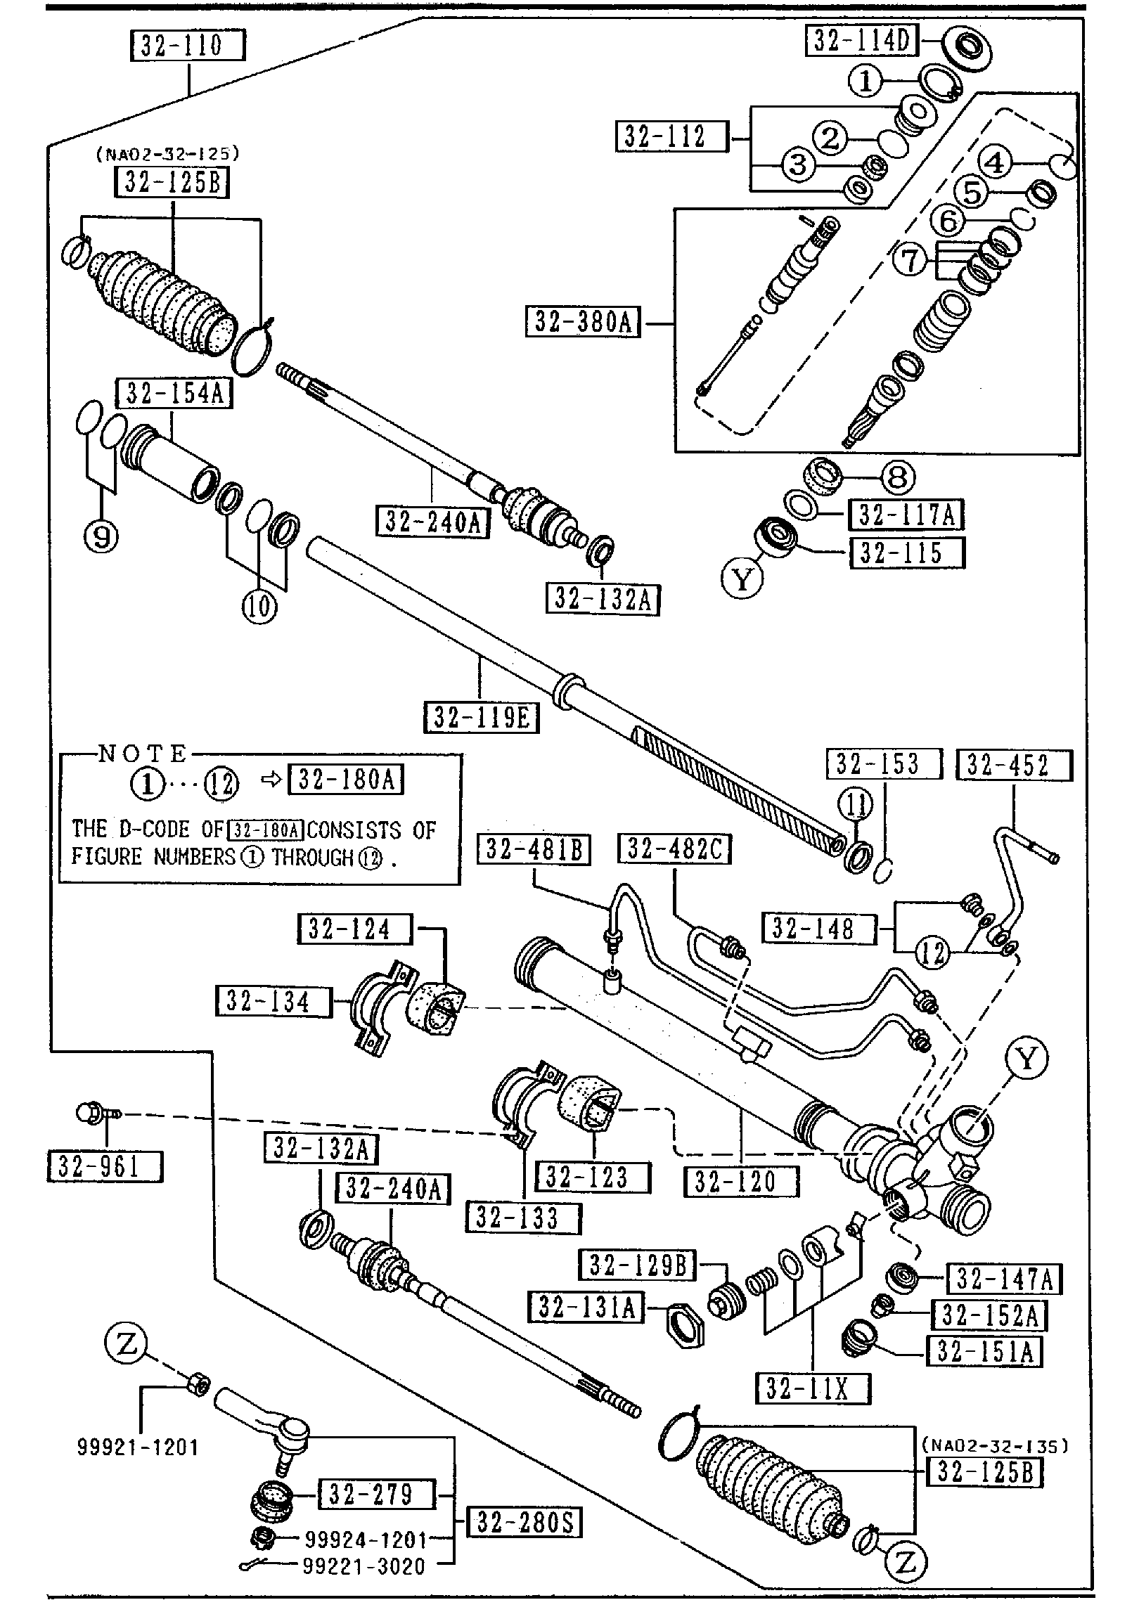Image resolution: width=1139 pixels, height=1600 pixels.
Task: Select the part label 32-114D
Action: pos(861,41)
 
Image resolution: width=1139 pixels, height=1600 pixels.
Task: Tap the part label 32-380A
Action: pos(584,323)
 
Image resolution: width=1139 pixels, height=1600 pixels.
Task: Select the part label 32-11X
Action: pos(813,1388)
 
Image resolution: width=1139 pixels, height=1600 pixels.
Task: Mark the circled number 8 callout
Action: pos(897,478)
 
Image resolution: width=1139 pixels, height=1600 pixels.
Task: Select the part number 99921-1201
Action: pos(139,1447)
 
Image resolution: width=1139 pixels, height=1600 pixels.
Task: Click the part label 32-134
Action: pos(273,1002)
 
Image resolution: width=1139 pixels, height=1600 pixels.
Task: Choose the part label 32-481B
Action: pos(534,849)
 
